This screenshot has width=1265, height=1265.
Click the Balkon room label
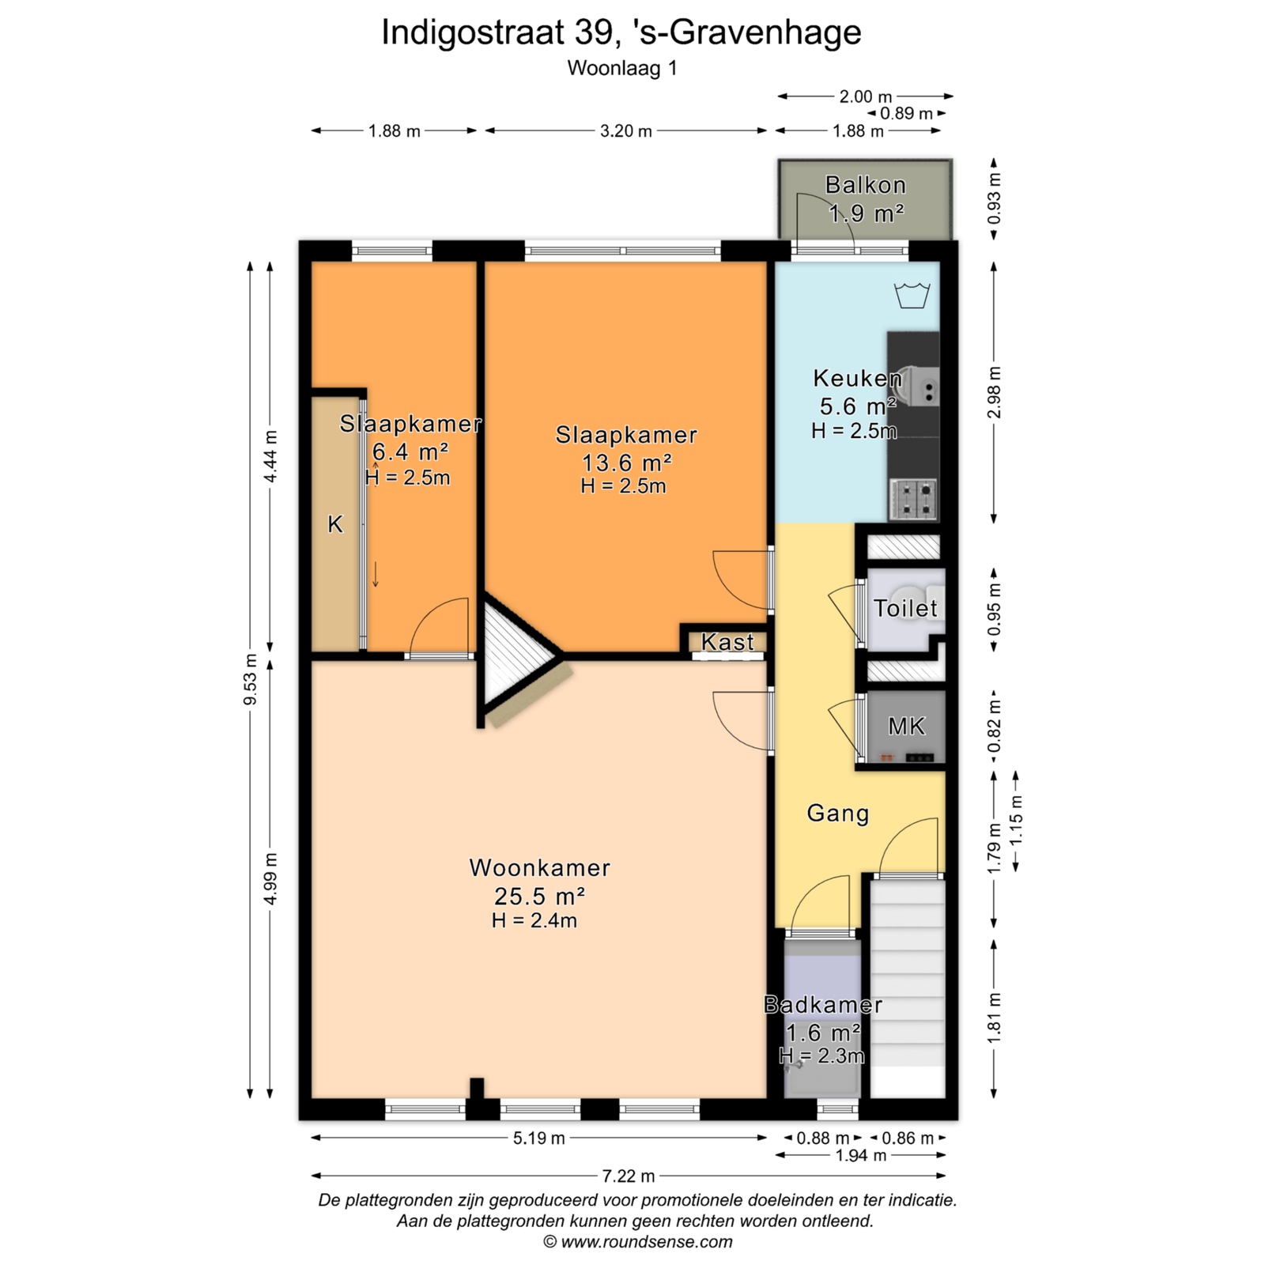(865, 185)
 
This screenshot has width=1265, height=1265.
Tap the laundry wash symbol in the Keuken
(912, 295)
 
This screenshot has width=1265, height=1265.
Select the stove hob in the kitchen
(913, 499)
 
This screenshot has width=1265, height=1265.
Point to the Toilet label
(905, 608)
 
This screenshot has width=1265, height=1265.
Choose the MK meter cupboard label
(906, 727)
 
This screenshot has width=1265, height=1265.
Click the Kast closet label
(727, 642)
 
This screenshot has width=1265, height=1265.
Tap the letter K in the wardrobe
(335, 524)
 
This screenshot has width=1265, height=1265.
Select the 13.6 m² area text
(627, 463)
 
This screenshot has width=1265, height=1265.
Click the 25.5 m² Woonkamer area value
(540, 897)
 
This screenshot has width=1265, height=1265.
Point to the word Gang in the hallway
(837, 814)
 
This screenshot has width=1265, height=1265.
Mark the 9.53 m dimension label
(251, 680)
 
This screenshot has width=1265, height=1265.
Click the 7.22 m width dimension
(629, 1176)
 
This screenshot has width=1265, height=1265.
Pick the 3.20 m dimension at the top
(626, 131)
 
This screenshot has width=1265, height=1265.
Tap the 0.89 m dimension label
(906, 114)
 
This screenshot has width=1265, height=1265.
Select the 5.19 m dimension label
(539, 1138)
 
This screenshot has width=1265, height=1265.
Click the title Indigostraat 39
(497, 32)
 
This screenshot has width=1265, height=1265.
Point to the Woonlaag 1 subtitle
(622, 68)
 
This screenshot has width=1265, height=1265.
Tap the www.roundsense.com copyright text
(647, 1241)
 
